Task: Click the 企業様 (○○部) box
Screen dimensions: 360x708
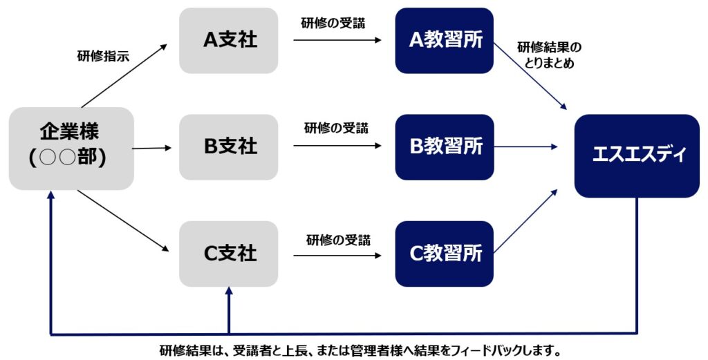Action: pyautogui.click(x=71, y=148)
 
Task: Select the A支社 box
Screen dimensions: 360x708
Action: pyautogui.click(x=229, y=40)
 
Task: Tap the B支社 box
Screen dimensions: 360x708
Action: pyautogui.click(x=229, y=147)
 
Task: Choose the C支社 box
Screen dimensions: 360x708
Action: pyautogui.click(x=229, y=254)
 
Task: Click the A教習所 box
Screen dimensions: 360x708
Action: pyautogui.click(x=445, y=40)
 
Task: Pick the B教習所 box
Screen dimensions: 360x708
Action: pyautogui.click(x=445, y=147)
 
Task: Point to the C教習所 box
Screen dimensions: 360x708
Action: pyautogui.click(x=445, y=254)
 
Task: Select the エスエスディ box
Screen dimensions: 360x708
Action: pyautogui.click(x=637, y=155)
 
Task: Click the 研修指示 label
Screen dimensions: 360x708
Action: pyautogui.click(x=102, y=57)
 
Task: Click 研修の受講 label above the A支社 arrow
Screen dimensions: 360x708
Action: pyautogui.click(x=333, y=22)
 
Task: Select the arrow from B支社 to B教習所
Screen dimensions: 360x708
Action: pyautogui.click(x=337, y=146)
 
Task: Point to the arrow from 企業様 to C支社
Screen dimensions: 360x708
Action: pyautogui.click(x=124, y=221)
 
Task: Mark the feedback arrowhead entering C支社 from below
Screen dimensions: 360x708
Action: pyautogui.click(x=229, y=294)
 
